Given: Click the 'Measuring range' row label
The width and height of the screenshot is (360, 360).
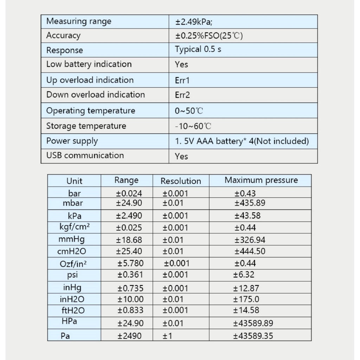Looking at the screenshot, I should tap(79, 21).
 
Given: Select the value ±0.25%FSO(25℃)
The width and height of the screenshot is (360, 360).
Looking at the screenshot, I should tap(210, 36).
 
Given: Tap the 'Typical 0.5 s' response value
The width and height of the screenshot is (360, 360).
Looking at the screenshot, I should tap(198, 49).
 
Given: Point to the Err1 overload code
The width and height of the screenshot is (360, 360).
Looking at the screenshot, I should tap(182, 80).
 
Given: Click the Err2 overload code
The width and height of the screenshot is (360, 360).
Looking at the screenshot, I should tap(182, 95).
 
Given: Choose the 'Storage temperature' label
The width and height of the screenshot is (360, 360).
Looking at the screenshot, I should tap(86, 126).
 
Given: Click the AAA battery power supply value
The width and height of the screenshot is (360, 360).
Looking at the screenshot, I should tap(242, 141).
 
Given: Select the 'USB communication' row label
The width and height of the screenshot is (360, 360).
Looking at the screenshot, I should tap(85, 155).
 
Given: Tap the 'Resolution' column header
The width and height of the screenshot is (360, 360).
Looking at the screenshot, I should tap(181, 181).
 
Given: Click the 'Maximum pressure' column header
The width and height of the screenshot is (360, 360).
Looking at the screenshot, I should tap(261, 180).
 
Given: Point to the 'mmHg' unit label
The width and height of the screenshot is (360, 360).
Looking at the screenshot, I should tap(72, 240).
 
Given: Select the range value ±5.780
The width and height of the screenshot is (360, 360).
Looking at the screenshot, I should tap(130, 263).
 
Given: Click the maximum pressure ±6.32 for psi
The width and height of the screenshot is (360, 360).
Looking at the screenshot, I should tap(244, 275).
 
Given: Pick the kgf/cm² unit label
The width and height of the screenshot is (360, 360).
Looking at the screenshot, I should tap(75, 227).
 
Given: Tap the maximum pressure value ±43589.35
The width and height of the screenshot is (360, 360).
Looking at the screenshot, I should tap(253, 336).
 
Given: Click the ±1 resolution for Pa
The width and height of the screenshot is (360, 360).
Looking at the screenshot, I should tap(167, 336).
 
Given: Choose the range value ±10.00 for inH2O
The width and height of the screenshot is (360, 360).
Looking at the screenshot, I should tap(130, 299).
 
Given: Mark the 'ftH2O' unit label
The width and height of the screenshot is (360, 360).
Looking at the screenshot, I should tap(73, 310).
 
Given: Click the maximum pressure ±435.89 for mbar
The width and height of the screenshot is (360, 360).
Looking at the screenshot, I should tap(250, 203).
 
